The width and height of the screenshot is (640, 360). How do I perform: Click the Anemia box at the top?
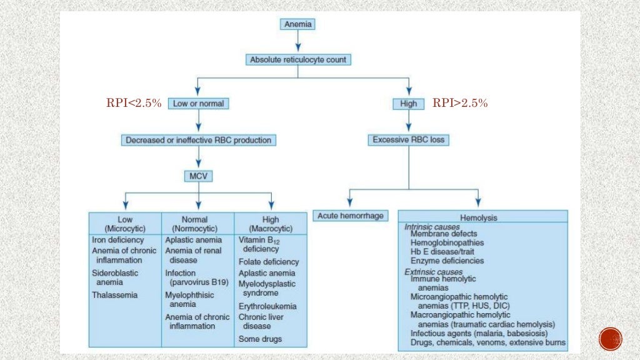[297, 25]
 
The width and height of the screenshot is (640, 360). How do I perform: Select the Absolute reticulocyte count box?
[297, 60]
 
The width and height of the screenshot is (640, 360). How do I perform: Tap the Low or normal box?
[197, 104]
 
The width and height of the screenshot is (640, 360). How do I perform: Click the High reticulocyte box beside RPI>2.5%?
[409, 104]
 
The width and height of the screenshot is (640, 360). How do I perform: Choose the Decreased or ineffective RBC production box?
[198, 140]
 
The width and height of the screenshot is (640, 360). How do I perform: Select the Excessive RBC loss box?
[409, 140]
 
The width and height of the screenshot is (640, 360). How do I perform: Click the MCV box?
[198, 176]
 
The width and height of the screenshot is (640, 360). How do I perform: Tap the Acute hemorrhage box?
[350, 216]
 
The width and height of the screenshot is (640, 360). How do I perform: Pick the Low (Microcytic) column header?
[125, 224]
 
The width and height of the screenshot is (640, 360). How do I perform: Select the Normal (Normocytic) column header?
[198, 224]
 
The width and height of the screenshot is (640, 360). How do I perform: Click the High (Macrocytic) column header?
[271, 224]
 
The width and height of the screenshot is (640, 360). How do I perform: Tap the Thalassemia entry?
[114, 294]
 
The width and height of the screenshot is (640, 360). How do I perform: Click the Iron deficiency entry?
[118, 240]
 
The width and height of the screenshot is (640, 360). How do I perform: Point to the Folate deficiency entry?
[269, 262]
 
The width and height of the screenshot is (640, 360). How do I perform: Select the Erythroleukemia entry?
[267, 306]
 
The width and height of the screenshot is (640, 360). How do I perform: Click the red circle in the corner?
[610, 339]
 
